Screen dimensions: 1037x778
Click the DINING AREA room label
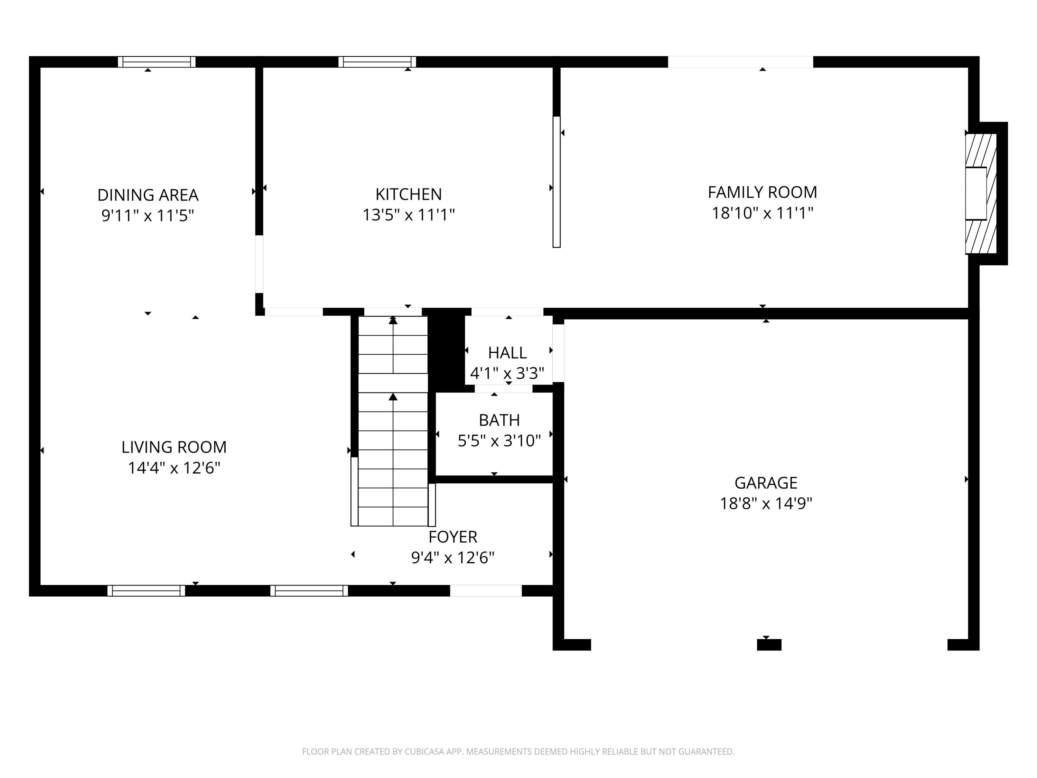pyautogui.click(x=148, y=195)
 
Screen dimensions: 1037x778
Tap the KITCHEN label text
pyautogui.click(x=408, y=194)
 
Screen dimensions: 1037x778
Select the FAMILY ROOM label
pyautogui.click(x=762, y=192)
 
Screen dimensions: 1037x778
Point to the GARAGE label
pyautogui.click(x=766, y=483)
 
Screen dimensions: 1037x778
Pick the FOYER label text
pyautogui.click(x=452, y=537)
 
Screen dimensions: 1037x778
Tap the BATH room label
pyautogui.click(x=499, y=420)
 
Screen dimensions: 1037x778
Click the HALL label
pyautogui.click(x=507, y=353)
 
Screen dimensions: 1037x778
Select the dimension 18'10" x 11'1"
pyautogui.click(x=762, y=213)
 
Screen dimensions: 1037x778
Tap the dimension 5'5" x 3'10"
pyautogui.click(x=499, y=441)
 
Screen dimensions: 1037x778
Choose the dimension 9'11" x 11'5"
pyautogui.click(x=148, y=216)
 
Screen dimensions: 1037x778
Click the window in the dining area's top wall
pyautogui.click(x=157, y=62)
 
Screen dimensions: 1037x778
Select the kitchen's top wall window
pyautogui.click(x=377, y=62)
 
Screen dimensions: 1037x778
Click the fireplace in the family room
pyautogui.click(x=980, y=194)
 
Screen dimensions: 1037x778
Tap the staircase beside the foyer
pyautogui.click(x=393, y=421)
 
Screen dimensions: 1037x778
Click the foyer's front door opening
pyautogui.click(x=486, y=591)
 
